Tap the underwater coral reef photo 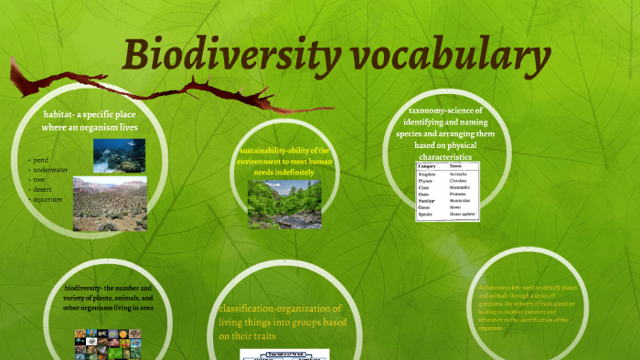coord(119,155)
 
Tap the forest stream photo coord(284,203)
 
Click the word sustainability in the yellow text coord(265,150)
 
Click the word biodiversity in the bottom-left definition coord(86,289)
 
